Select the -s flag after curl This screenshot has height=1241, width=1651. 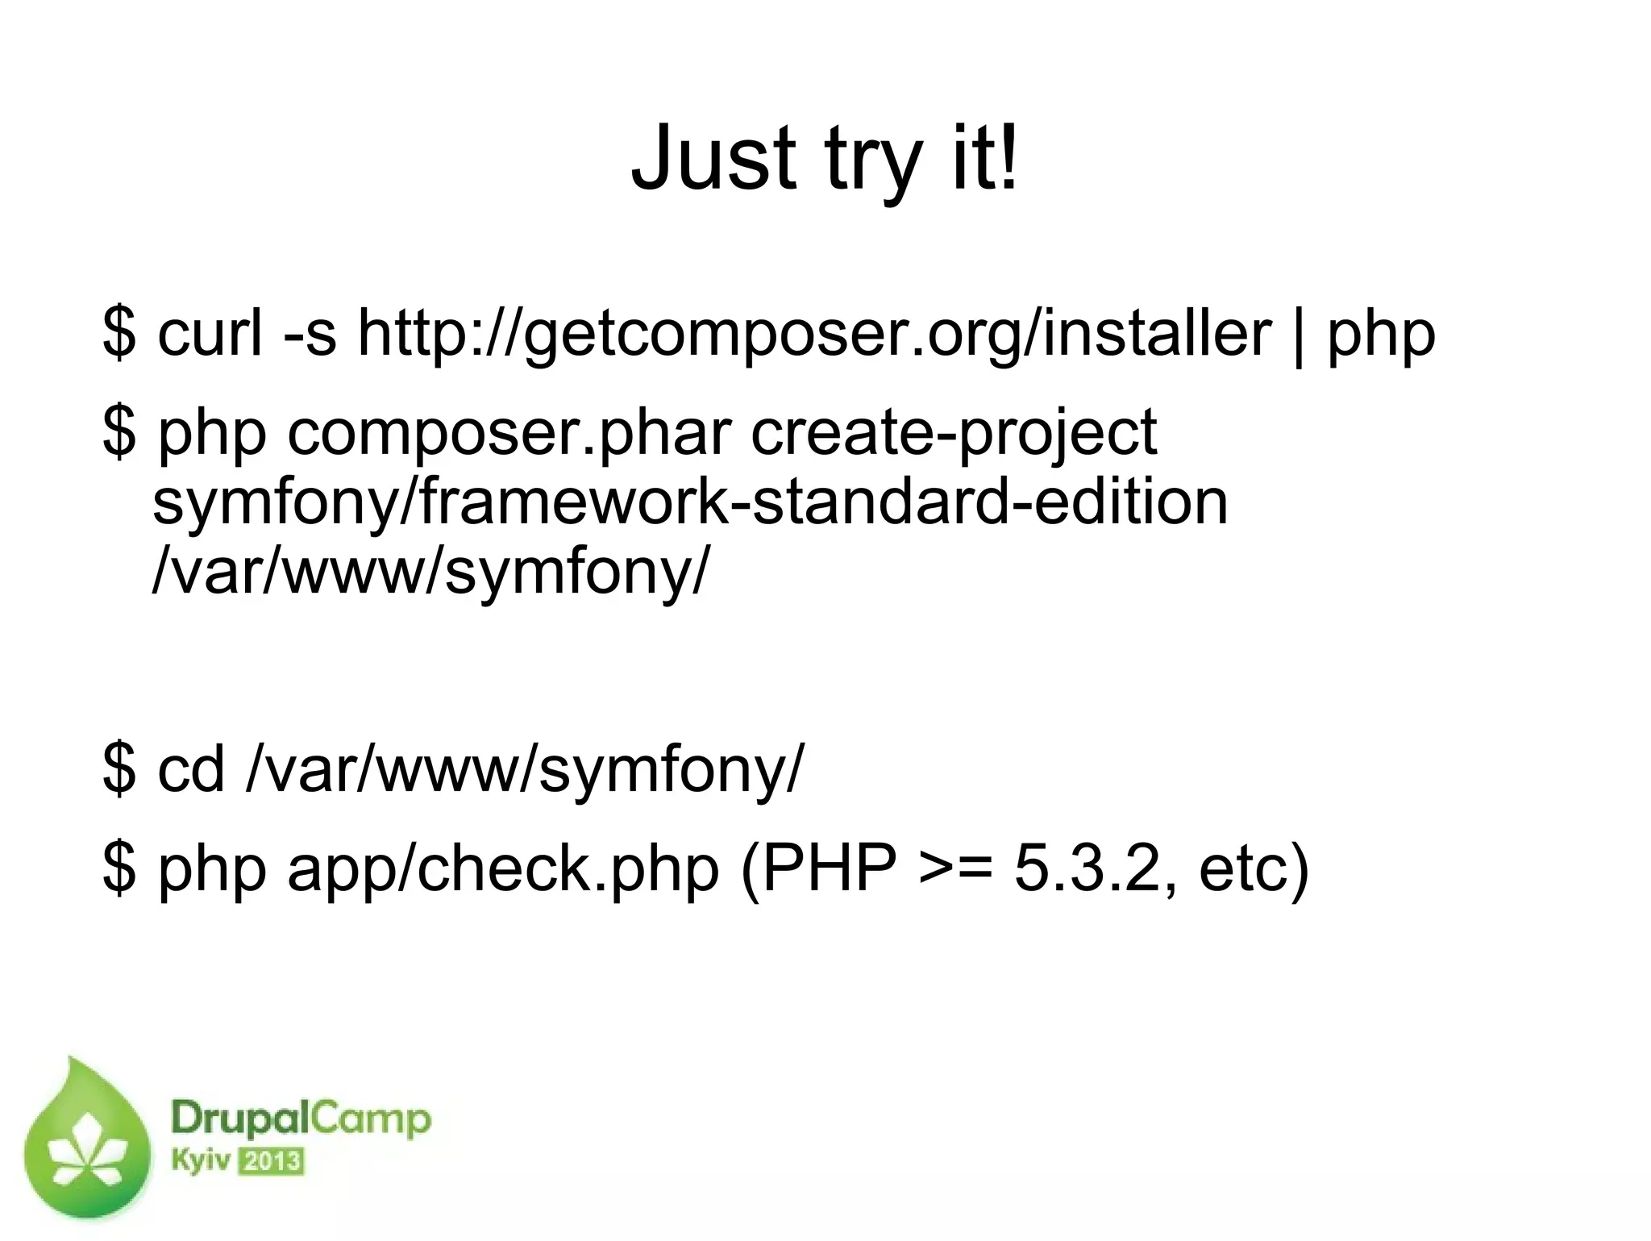tap(310, 334)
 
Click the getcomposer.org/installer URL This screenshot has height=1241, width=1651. tap(814, 334)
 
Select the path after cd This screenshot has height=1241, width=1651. tap(525, 770)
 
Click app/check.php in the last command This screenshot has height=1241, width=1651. tap(503, 870)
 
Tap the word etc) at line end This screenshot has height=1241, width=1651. tap(1254, 870)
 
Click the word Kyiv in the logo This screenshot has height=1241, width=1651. tap(201, 1161)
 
